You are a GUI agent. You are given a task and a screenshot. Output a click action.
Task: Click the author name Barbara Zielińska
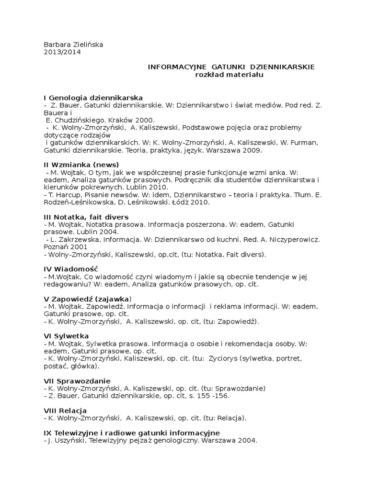73,45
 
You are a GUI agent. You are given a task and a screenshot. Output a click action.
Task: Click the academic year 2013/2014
62,53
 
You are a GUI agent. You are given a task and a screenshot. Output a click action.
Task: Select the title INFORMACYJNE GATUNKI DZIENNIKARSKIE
231,67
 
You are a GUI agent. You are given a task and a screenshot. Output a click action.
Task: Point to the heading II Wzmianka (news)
81,165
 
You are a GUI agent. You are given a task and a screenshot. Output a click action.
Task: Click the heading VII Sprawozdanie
77,381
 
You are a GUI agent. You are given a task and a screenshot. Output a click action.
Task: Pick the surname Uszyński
68,441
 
